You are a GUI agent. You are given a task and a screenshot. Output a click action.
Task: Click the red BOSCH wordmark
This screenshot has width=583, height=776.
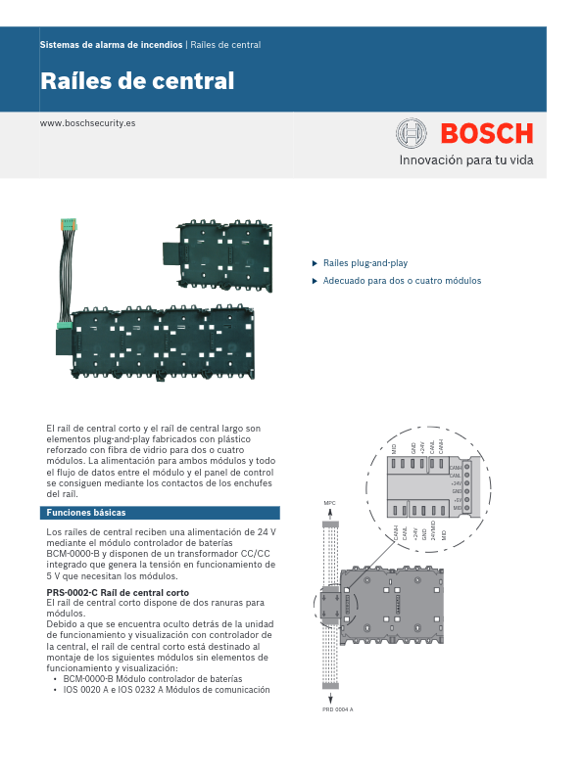tap(486, 133)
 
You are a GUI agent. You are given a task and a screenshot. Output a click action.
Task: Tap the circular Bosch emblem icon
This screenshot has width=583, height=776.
tap(412, 133)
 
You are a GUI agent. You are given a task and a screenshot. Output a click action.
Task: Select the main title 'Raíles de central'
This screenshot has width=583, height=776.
tap(137, 81)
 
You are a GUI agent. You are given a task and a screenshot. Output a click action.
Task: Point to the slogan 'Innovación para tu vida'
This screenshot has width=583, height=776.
tap(465, 160)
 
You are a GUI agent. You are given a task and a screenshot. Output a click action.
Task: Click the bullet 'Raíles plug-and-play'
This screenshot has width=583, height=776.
tap(365, 263)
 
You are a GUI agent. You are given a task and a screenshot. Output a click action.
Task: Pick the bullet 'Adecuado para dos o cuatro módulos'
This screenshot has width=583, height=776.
tap(402, 281)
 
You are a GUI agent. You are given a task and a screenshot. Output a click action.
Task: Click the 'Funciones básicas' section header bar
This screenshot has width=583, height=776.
tap(160, 513)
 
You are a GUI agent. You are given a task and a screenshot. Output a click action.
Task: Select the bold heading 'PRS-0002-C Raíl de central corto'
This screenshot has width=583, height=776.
tap(118, 593)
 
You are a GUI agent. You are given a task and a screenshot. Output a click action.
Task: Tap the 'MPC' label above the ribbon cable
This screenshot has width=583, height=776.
tap(329, 503)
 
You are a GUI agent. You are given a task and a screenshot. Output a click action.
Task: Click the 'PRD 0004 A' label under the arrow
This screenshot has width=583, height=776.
tap(337, 736)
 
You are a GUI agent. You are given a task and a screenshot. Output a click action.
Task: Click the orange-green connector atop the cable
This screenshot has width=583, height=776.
tap(69, 224)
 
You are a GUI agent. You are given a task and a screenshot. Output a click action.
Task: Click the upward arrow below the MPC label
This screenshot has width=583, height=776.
tap(330, 514)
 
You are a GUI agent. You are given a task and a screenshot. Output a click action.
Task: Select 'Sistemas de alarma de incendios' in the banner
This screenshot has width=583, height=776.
tap(111, 45)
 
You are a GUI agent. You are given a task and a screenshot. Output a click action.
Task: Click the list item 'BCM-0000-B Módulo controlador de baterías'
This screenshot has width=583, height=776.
tap(152, 678)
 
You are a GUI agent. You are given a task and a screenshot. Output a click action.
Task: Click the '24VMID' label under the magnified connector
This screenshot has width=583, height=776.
tap(433, 532)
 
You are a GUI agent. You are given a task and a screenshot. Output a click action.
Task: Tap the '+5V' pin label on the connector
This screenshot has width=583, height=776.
tap(457, 499)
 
